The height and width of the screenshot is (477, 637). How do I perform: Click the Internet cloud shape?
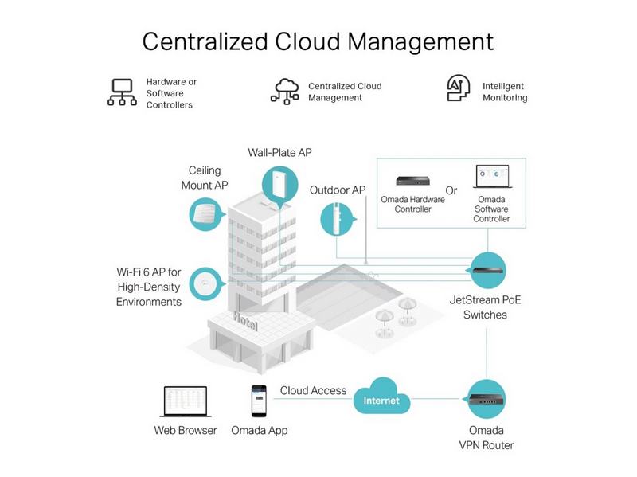(x=381, y=397)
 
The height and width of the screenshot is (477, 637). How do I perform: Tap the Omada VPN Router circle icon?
(x=487, y=399)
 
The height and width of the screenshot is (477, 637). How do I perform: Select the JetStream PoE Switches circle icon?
(x=487, y=270)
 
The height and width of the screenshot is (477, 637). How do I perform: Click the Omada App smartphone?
(x=259, y=401)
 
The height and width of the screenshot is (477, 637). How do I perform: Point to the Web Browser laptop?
(x=186, y=401)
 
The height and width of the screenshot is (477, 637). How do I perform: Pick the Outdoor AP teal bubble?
(x=338, y=220)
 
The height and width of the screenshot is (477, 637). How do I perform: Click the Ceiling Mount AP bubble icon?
(x=207, y=214)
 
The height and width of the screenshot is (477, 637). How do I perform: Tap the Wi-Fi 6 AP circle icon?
(x=207, y=284)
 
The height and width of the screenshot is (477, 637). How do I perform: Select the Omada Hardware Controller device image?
(x=412, y=180)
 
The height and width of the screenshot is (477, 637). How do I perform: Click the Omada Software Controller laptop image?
(x=492, y=176)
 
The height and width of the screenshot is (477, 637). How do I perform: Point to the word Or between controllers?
(x=451, y=190)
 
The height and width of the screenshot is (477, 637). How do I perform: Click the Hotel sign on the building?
(x=245, y=321)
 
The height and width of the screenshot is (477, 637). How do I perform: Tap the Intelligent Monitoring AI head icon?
(x=459, y=88)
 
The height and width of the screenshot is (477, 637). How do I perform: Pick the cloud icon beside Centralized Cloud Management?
(x=285, y=92)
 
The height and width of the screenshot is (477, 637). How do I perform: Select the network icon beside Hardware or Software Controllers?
(x=122, y=92)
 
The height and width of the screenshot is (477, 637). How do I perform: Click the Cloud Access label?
(x=313, y=390)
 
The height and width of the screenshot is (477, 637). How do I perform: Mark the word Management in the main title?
(x=420, y=42)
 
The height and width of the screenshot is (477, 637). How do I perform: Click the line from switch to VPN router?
(x=487, y=354)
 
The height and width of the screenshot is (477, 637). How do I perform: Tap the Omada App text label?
(x=260, y=430)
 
